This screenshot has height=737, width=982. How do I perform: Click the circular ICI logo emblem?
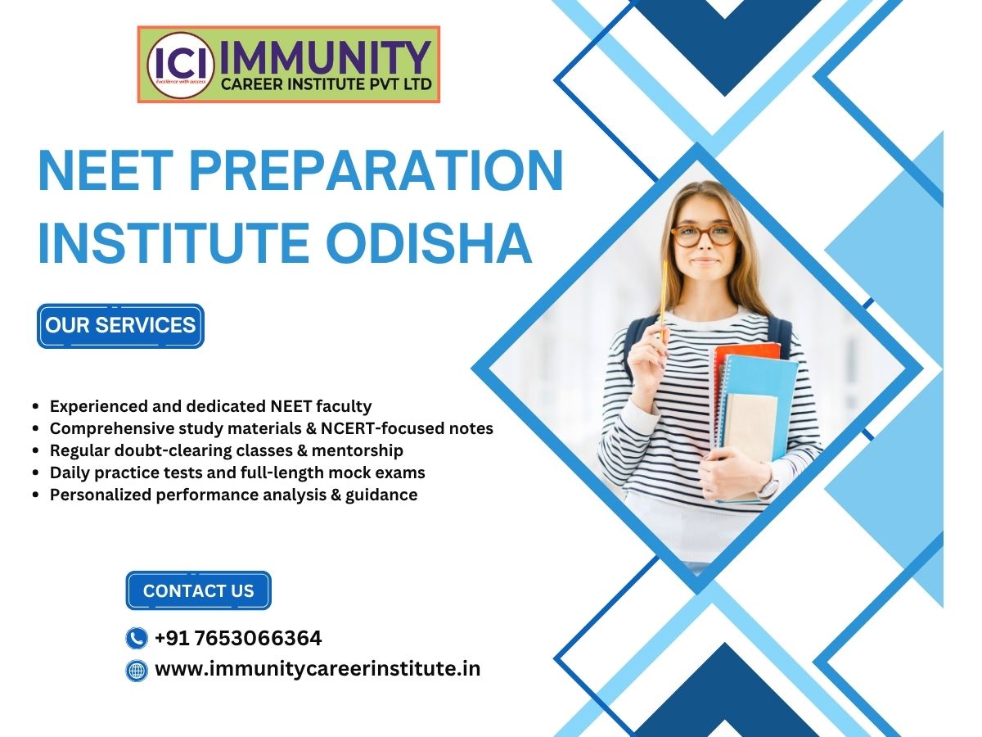[181, 65]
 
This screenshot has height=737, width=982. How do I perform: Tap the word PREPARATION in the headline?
[376, 170]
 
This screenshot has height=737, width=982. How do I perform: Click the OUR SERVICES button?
[120, 325]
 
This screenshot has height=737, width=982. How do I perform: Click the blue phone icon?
[137, 638]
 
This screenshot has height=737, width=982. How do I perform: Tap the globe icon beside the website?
[137, 671]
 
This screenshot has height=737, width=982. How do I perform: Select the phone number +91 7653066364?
[238, 638]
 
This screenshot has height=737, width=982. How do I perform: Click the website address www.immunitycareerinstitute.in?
[318, 669]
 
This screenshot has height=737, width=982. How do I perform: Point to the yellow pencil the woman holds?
[663, 301]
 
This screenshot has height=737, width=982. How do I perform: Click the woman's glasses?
[703, 235]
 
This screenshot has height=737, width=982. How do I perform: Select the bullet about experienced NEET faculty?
[210, 406]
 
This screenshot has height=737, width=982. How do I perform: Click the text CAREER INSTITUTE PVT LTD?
[327, 84]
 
